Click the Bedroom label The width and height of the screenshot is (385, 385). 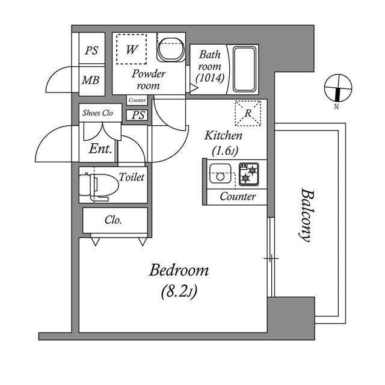pyautogui.click(x=179, y=271)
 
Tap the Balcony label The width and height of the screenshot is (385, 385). pyautogui.click(x=306, y=215)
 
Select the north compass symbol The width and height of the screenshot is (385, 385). pyautogui.click(x=336, y=89)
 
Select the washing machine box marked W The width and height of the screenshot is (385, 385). pyautogui.click(x=131, y=49)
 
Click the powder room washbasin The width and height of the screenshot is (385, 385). pyautogui.click(x=170, y=49)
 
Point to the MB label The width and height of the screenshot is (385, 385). pyautogui.click(x=91, y=80)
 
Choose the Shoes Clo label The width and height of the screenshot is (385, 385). pyautogui.click(x=97, y=112)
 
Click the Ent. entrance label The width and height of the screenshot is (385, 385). pyautogui.click(x=100, y=149)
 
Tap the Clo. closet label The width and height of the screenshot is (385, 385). pyautogui.click(x=113, y=220)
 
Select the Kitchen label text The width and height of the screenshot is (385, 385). pyautogui.click(x=223, y=136)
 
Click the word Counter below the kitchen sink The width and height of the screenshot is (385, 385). pyautogui.click(x=238, y=197)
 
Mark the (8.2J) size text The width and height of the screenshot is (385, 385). pyautogui.click(x=179, y=292)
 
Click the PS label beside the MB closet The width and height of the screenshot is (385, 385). pyautogui.click(x=91, y=51)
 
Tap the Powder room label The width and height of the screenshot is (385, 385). pyautogui.click(x=148, y=79)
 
